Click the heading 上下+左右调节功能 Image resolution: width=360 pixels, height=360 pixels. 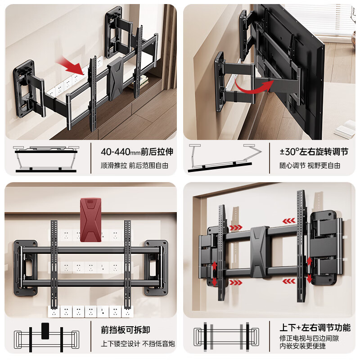(x=315, y=328)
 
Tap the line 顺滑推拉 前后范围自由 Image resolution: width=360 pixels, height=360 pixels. (x=135, y=165)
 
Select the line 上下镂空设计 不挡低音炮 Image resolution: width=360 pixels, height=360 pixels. (x=138, y=343)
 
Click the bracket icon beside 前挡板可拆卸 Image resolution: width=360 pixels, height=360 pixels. (x=45, y=337)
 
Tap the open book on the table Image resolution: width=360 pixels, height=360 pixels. (x=345, y=131)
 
